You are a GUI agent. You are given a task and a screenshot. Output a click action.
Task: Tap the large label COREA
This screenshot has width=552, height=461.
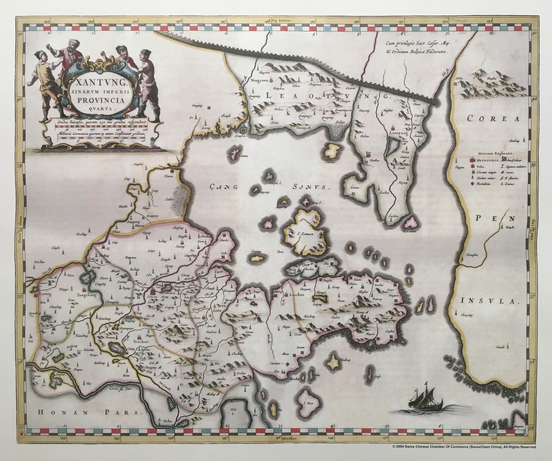[x=494, y=119]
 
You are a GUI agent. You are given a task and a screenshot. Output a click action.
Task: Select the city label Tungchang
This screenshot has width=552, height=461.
[x=86, y=295]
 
